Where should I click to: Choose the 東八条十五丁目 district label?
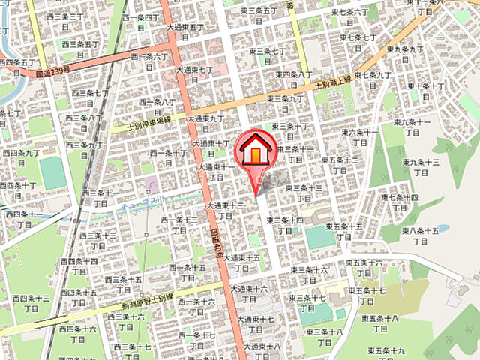(x=420, y=236)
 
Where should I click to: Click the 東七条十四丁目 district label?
(x=399, y=202)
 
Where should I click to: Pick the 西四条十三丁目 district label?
(x=31, y=303)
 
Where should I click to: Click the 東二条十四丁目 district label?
(x=287, y=226)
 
